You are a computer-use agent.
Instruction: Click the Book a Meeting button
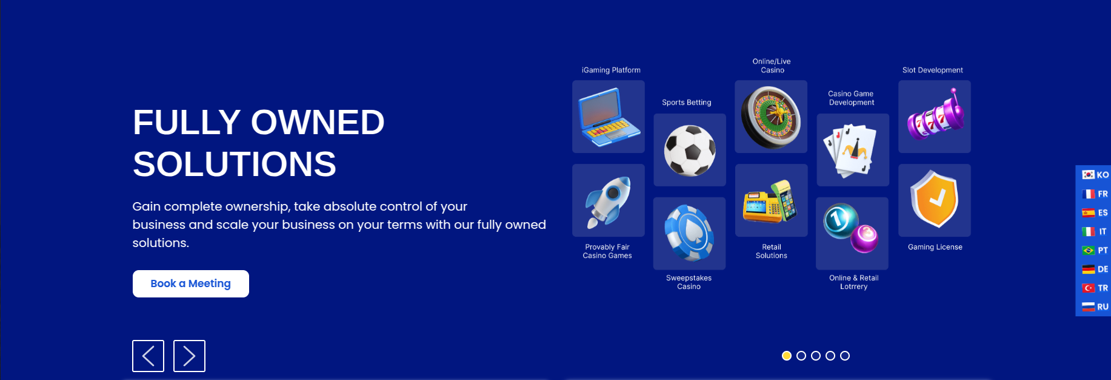click(191, 283)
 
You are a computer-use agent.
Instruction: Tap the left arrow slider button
click(148, 356)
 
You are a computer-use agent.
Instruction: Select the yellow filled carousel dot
click(787, 356)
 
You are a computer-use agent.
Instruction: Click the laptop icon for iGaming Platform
click(609, 117)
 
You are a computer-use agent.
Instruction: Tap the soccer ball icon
click(690, 151)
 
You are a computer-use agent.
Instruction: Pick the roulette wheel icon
click(771, 117)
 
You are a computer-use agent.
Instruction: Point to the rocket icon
click(608, 202)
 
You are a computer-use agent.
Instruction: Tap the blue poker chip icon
click(689, 233)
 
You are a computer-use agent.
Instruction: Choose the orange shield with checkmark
click(935, 199)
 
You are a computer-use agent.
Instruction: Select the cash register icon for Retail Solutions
click(770, 202)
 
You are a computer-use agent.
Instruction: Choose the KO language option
click(1095, 175)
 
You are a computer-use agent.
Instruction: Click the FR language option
click(1095, 194)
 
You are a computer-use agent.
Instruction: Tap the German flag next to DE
click(1089, 269)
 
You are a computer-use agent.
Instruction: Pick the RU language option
click(1095, 307)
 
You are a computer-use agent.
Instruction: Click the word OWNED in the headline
click(318, 122)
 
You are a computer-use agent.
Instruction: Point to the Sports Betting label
click(687, 103)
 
